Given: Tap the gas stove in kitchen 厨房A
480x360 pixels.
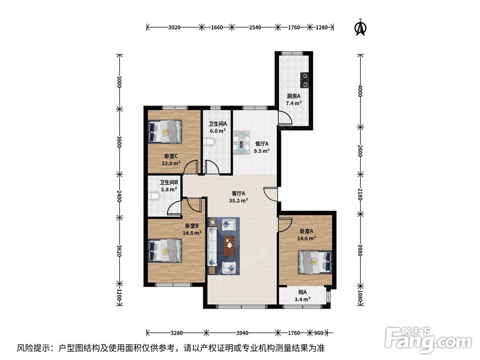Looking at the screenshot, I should [x=305, y=80].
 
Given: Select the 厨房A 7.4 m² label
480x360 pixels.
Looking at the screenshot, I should [x=294, y=99].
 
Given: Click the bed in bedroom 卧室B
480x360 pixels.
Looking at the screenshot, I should [x=166, y=251].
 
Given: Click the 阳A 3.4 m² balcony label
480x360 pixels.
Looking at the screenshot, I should [x=302, y=296].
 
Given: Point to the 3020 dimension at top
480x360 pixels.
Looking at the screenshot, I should [x=174, y=27].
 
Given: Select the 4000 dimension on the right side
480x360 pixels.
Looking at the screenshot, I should [x=359, y=91].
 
